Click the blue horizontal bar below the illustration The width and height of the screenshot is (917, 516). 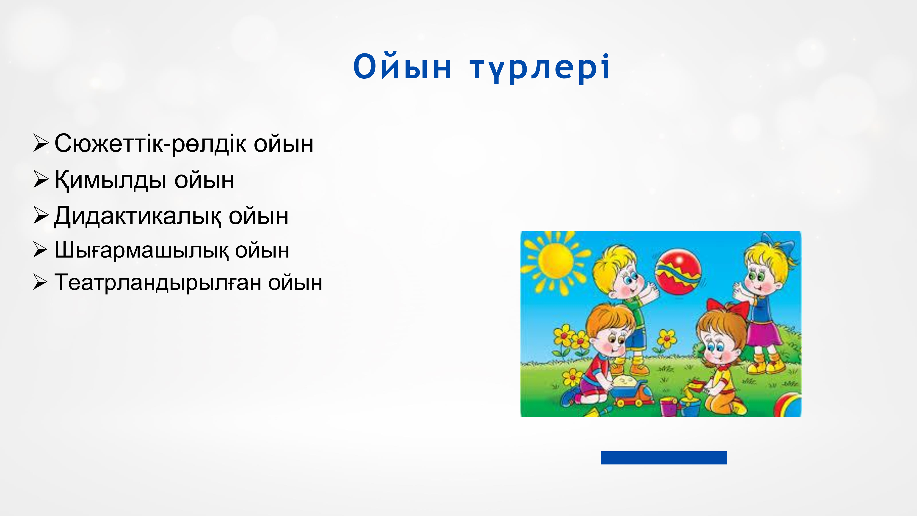tap(663, 458)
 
